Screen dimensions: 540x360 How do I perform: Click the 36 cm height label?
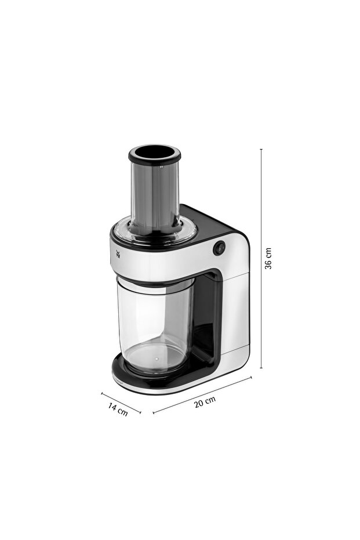268,258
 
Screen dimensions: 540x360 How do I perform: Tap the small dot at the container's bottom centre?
155,360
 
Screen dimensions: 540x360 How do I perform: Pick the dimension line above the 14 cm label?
121,403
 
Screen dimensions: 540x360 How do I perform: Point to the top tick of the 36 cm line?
261,149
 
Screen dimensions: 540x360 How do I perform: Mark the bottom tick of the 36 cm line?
261,368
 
